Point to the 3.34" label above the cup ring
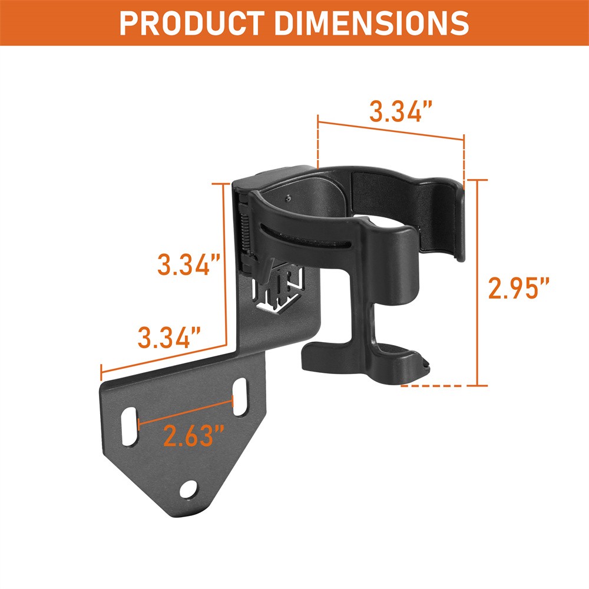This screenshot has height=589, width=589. coord(401,111)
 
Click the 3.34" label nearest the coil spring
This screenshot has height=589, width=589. coord(184,264)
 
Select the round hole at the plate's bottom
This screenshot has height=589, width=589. coord(189,488)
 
